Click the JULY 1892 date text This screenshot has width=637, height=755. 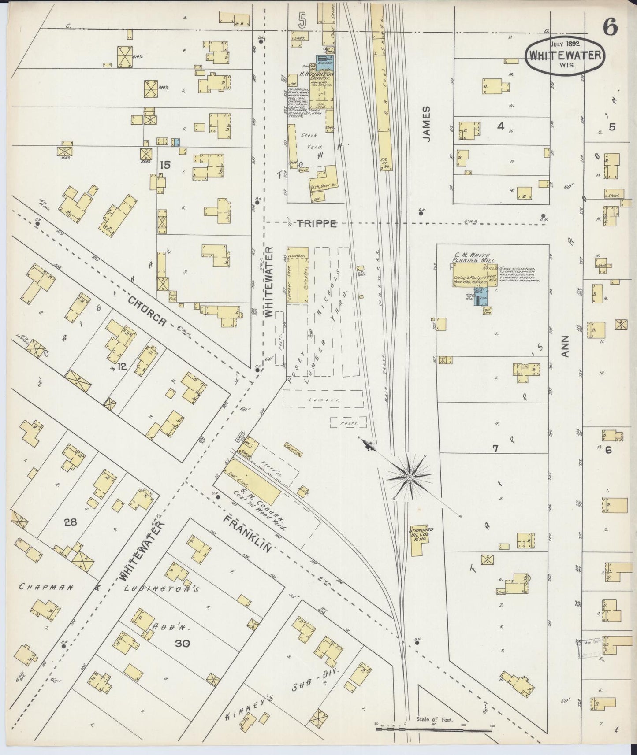pyautogui.click(x=565, y=44)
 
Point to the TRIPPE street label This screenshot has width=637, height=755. pyautogui.click(x=314, y=224)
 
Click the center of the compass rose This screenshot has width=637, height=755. pyautogui.click(x=410, y=477)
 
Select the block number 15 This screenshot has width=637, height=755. pyautogui.click(x=165, y=166)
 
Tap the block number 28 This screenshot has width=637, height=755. pyautogui.click(x=70, y=522)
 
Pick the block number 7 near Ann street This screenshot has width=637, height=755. pyautogui.click(x=495, y=448)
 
